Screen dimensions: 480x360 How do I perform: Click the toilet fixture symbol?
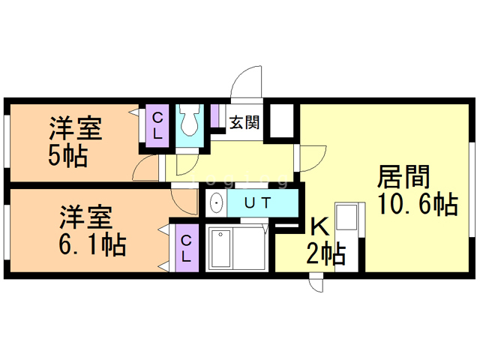[190, 120]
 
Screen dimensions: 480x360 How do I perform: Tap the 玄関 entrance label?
[244, 122]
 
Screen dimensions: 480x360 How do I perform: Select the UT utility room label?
[258, 202]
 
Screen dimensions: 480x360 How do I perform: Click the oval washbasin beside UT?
[217, 203]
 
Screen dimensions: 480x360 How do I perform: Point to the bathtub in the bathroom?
[220, 249]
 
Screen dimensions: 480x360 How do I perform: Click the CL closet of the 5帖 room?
[157, 125]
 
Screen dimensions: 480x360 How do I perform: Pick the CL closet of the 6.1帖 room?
[187, 248]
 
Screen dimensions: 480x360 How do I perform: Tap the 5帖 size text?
[68, 155]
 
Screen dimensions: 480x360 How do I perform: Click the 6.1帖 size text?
[93, 244]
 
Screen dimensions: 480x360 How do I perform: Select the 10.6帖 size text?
[418, 203]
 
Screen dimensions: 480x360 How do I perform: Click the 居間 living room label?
[403, 177]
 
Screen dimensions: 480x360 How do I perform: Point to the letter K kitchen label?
[320, 227]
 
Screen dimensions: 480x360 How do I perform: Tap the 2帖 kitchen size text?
[326, 253]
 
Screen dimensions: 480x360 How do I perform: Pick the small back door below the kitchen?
[316, 282]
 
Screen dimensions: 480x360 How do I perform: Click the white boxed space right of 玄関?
[282, 121]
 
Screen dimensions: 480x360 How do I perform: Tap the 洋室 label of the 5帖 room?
[76, 128]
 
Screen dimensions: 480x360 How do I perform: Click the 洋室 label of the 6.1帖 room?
[85, 217]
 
